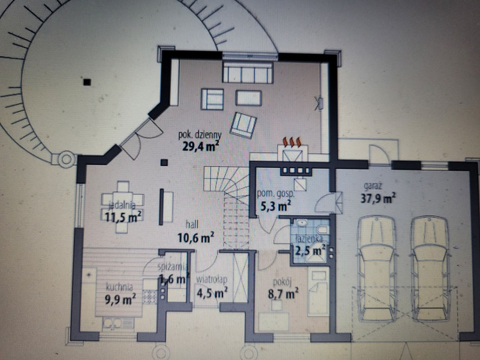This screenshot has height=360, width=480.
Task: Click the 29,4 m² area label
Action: pos(200,146)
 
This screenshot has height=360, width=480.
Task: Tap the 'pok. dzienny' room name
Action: pos(200,134)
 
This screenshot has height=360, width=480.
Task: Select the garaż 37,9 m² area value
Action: pos(378,198)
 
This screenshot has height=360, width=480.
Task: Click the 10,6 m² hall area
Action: pos(196,237)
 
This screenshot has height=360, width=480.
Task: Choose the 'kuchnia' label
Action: pos(119,287)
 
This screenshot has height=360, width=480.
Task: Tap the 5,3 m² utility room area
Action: pos(275,206)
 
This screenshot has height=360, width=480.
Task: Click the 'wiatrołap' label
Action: pos(212,280)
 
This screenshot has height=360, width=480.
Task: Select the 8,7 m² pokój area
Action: pos(283,293)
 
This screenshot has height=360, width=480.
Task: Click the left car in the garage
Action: pos(377,269)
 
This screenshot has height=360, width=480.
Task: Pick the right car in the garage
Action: pos(430,269)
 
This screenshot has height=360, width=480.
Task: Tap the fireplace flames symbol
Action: pos(292,142)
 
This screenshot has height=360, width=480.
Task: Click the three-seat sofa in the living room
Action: pos(248,72)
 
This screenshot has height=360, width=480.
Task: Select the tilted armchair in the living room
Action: pos(244,125)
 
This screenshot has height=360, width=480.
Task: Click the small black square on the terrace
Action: pos(87,82)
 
